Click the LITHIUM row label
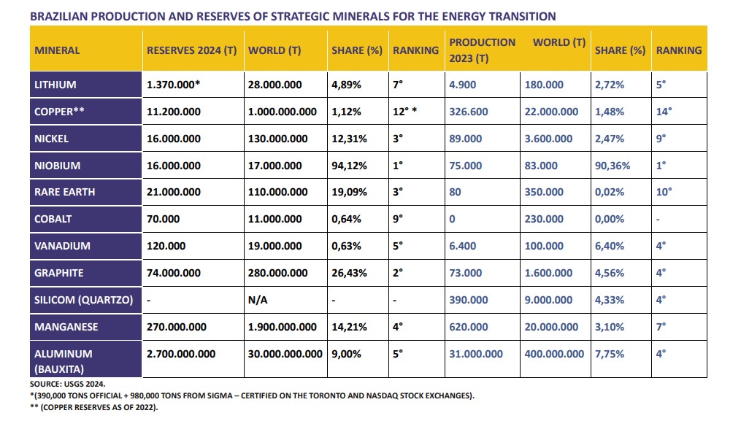[55, 85]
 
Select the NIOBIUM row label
[57, 166]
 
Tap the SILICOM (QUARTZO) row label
[84, 300]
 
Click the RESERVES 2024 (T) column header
[191, 50]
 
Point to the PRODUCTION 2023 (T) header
[482, 50]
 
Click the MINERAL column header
[57, 50]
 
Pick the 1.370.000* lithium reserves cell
[174, 85]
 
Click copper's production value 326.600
[468, 112]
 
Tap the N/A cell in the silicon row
[258, 300]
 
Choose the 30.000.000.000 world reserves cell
[285, 354]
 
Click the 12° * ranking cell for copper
[404, 112]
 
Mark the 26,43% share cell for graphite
[349, 273]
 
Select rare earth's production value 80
[455, 193]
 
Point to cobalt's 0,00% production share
[609, 219]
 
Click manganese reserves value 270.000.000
[176, 327]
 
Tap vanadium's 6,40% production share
[609, 246]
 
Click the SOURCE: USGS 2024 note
[68, 384]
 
